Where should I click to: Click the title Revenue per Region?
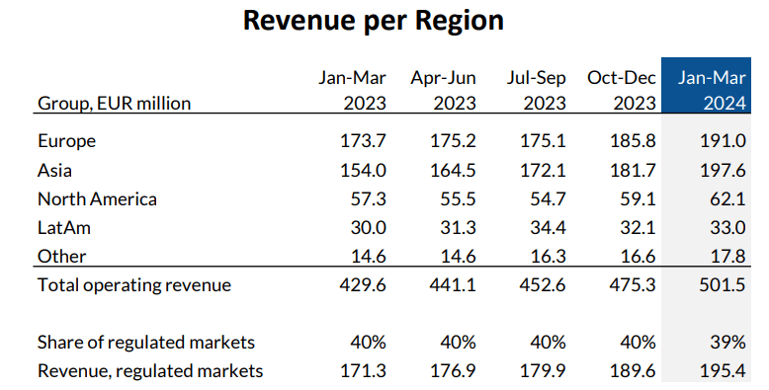click(374, 21)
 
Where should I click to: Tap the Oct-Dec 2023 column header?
click(621, 90)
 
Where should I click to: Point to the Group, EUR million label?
click(114, 104)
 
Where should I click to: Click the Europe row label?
click(66, 141)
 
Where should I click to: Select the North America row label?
click(97, 198)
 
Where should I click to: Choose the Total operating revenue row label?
click(133, 285)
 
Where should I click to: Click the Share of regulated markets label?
click(146, 343)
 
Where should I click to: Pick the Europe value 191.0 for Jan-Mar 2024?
click(725, 141)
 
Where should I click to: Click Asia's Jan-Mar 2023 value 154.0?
click(361, 170)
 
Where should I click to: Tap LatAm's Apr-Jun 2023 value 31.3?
click(454, 227)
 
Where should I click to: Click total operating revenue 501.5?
click(725, 285)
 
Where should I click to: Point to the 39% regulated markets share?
click(727, 343)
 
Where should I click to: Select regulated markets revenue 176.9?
click(452, 371)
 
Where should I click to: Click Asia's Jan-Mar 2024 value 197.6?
click(725, 170)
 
